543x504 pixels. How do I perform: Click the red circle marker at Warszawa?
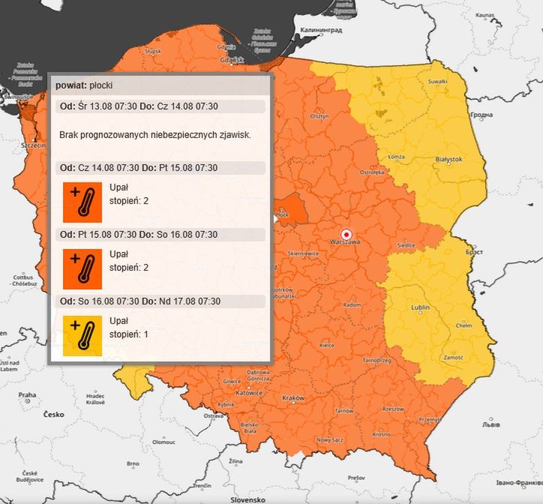click(x=346, y=233)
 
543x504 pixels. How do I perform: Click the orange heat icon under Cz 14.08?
click(x=82, y=201)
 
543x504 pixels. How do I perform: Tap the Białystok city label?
click(x=448, y=159)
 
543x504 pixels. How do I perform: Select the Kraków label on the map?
click(x=293, y=397)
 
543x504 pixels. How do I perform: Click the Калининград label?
click(x=321, y=30)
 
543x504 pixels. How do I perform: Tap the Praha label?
click(x=27, y=394)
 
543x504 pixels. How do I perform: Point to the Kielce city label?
click(x=327, y=346)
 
